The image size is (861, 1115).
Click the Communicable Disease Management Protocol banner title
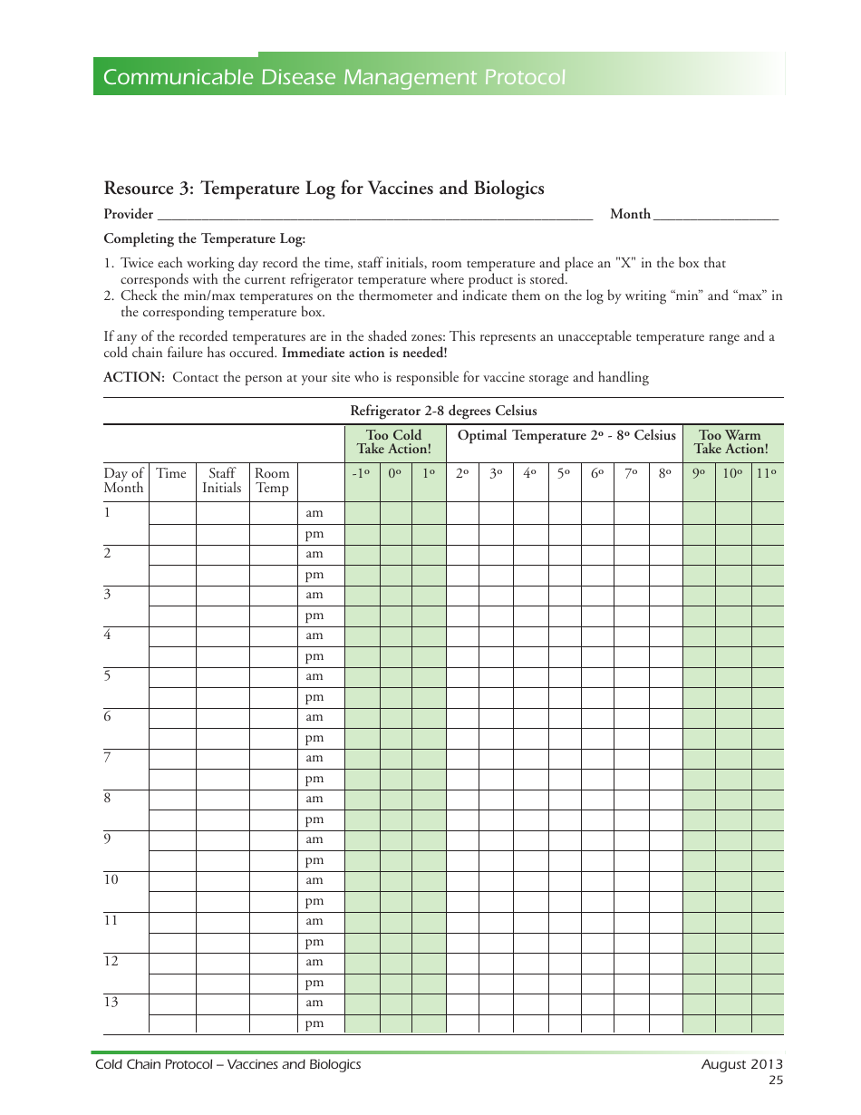coord(334,78)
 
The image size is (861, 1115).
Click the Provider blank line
coord(374,215)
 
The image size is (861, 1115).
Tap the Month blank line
coord(715,215)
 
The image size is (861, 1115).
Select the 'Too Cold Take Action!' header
coord(394,442)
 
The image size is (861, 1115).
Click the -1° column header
coord(361,473)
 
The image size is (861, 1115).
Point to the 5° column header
coord(564,473)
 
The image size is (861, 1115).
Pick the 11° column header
coord(767,473)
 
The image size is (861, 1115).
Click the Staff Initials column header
coord(222,480)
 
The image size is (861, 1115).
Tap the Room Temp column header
coord(272,480)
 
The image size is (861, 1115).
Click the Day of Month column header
coord(124,480)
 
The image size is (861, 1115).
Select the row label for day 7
coord(108,758)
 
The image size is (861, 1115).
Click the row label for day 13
coord(111,1003)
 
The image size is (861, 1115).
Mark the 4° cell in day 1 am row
coord(530,513)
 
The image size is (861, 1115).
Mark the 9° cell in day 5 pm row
coord(699,697)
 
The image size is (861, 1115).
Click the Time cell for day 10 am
coord(172,880)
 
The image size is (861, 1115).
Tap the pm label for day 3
coord(314,616)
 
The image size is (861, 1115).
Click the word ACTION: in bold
coord(134,377)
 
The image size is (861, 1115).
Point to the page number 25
coord(775,1081)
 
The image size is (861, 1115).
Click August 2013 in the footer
coord(741,1065)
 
